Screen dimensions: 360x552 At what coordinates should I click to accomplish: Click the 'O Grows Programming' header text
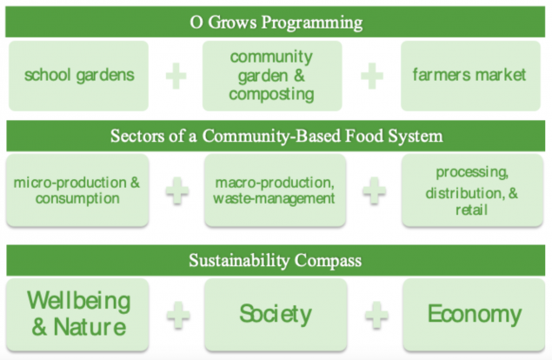pos(276,21)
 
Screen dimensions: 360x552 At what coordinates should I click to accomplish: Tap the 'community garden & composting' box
pos(271,75)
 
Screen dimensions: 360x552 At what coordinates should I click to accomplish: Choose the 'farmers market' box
pos(469,75)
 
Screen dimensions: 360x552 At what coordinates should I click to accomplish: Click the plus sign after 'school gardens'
pos(176,76)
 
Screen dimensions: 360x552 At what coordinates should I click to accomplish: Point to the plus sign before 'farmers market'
pos(372,76)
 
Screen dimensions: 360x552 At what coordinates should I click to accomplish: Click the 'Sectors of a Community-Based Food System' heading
pos(276,137)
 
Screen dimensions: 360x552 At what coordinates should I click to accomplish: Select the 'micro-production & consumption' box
pos(77,190)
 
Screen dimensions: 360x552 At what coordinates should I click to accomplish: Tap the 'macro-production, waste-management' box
pos(274,190)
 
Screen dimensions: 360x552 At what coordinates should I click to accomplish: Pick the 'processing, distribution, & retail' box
pos(470,190)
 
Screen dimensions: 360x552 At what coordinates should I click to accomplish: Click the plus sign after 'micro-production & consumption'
pos(178,190)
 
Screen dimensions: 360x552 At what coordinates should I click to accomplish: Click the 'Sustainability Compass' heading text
pos(276,260)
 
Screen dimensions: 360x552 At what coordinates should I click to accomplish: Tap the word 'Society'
pos(275,314)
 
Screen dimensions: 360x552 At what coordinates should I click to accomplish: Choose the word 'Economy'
pos(475,314)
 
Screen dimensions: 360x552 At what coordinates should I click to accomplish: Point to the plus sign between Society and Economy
pos(375,315)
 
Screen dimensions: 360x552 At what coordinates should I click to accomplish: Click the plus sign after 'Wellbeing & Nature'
pos(178,315)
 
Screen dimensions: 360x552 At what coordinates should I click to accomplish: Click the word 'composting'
pos(271,92)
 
